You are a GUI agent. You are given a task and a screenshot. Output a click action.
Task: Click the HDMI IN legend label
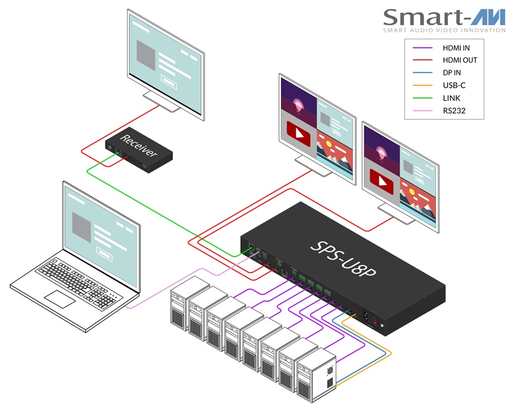click(456, 47)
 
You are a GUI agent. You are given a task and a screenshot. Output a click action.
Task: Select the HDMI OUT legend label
click(459, 60)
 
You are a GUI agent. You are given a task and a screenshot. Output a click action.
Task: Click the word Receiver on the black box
click(138, 145)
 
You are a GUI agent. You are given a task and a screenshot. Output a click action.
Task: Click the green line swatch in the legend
click(421, 97)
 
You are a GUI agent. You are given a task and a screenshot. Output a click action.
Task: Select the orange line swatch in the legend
click(421, 85)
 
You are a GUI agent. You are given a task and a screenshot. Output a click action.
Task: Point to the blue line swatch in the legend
click(421, 72)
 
